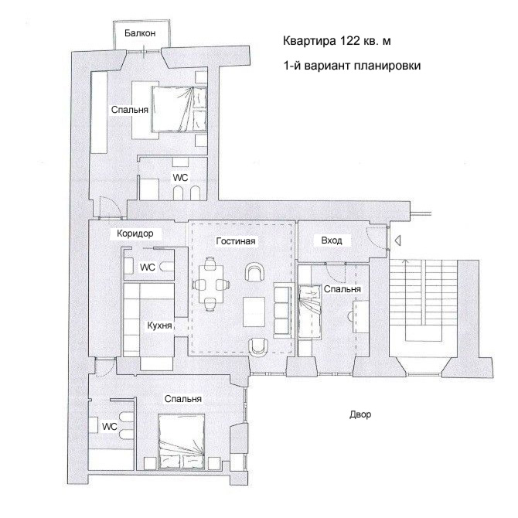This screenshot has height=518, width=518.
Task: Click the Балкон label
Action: tap(140, 33)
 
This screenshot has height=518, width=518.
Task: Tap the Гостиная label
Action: tap(236, 240)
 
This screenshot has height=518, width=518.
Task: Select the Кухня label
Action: tap(159, 325)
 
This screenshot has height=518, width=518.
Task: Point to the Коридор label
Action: tap(135, 233)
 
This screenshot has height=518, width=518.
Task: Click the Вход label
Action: tap(332, 240)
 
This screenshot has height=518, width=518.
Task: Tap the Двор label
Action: tap(360, 414)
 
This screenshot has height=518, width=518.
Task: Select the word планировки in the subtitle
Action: tap(387, 66)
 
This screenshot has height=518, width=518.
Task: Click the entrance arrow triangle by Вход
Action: tap(397, 240)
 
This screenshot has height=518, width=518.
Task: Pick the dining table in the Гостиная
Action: tap(211, 285)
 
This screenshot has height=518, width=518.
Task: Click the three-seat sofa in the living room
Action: tap(282, 310)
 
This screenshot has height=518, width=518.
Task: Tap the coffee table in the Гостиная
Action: tap(254, 312)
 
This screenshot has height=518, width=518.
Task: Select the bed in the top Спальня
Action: tap(179, 109)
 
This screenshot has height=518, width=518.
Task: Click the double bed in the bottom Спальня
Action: tap(181, 441)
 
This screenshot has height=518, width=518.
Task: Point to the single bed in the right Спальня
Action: tap(309, 312)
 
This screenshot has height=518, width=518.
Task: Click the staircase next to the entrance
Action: tap(423, 300)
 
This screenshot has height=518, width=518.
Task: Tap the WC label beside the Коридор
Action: tap(148, 267)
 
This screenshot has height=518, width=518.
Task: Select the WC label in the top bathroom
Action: tap(180, 178)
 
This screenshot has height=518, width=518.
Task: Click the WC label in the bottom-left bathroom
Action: tap(109, 427)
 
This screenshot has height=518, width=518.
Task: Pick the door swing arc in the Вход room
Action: tap(372, 239)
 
